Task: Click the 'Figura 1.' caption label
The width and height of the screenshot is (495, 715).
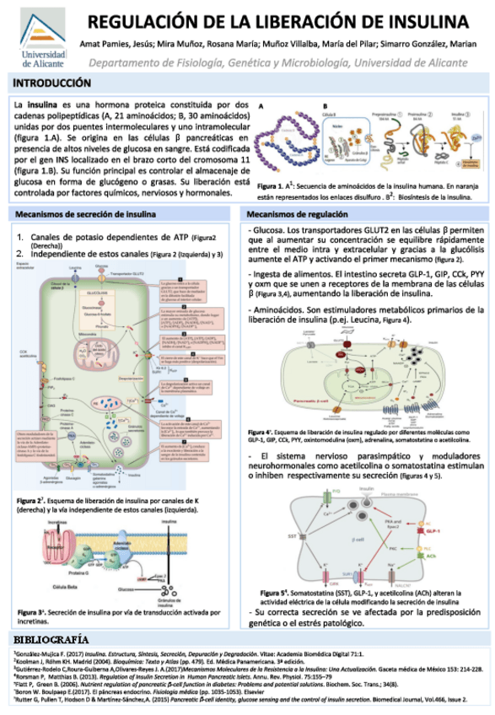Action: point(272,185)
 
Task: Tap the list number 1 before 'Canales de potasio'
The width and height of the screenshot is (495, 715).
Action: point(22,238)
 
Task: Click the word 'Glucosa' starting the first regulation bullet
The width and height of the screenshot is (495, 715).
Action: point(267,230)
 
